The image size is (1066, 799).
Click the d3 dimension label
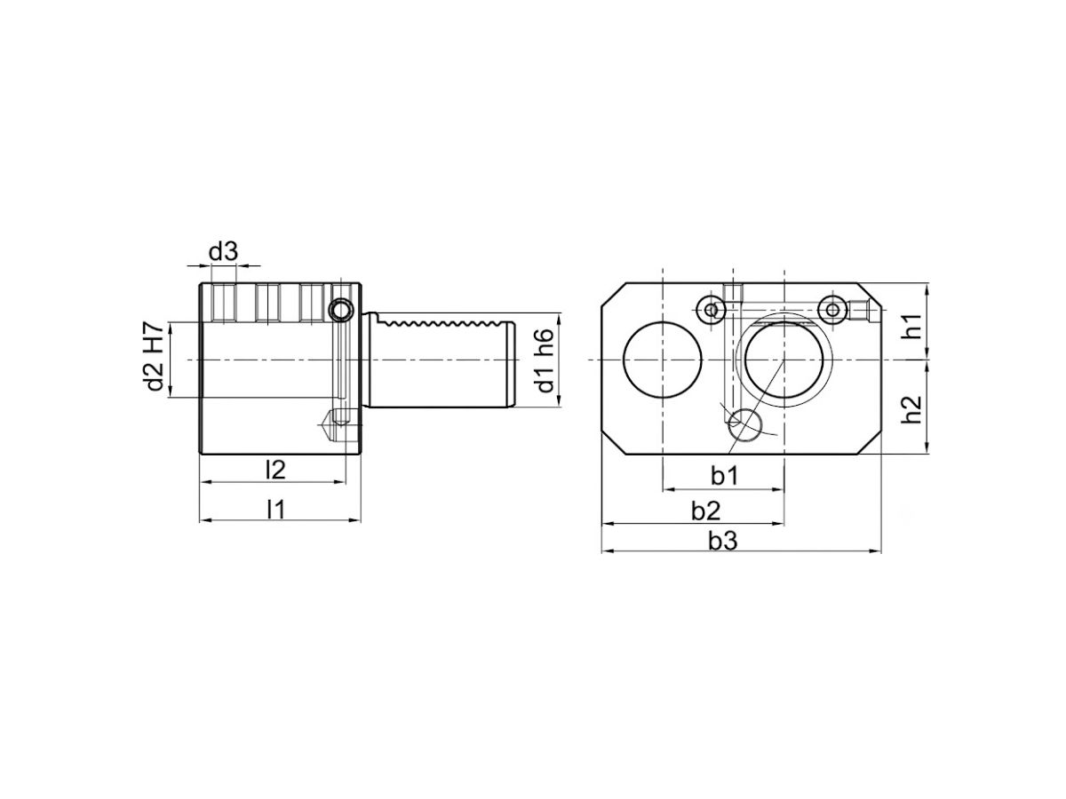[x=223, y=252]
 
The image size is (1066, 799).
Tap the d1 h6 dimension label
[x=544, y=360]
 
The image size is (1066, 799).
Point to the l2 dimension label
[x=275, y=470]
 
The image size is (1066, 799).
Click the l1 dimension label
[x=276, y=510]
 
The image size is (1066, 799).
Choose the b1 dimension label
[x=724, y=476]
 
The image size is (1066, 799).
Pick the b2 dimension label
[x=705, y=510]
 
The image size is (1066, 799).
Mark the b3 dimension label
[x=722, y=541]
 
